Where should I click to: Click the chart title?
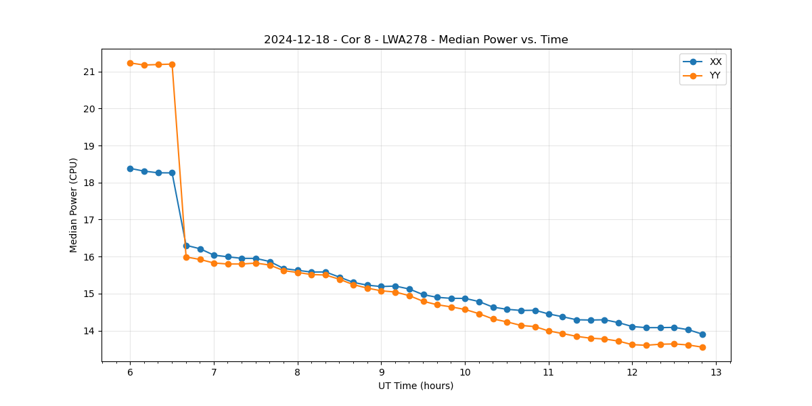coord(415,40)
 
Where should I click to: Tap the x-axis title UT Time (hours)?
coord(415,386)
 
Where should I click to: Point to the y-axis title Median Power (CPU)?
coord(74,205)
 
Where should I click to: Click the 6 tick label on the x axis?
coord(130,373)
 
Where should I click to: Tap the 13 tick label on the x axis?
coord(716,373)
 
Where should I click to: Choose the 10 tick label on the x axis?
coord(465,373)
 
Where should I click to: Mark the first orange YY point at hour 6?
coord(130,63)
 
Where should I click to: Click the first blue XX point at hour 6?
coord(130,168)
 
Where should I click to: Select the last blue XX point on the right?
coord(702,334)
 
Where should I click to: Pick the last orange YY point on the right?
coord(702,347)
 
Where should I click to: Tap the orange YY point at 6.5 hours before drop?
coord(172,64)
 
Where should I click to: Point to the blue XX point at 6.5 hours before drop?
coord(172,173)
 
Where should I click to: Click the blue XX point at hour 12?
coord(632,327)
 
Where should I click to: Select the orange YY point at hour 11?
coord(549,331)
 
